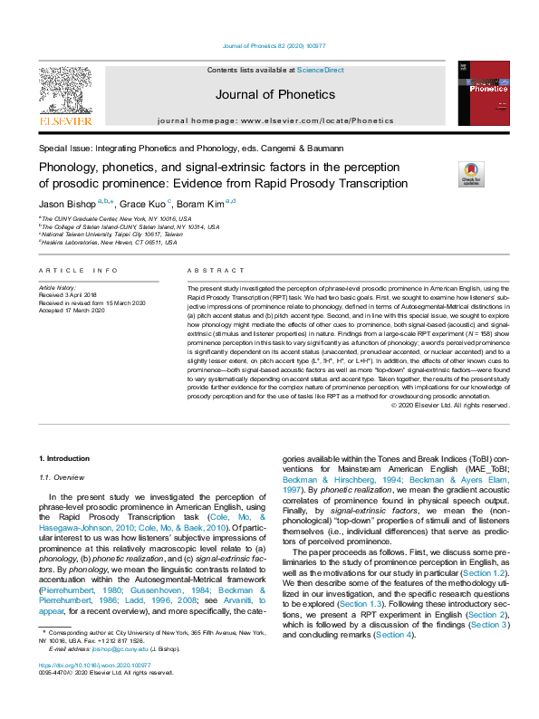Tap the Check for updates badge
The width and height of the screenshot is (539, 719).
tap(446, 172)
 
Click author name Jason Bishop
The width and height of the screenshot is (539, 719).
tap(66, 204)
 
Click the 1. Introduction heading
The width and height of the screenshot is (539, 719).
tap(64, 460)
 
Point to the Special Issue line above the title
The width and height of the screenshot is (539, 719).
tap(190, 148)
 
